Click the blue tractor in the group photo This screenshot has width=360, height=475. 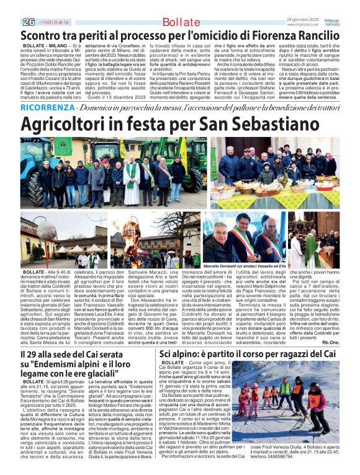coord(42,162)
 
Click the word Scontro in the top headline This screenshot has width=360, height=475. coord(43,35)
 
